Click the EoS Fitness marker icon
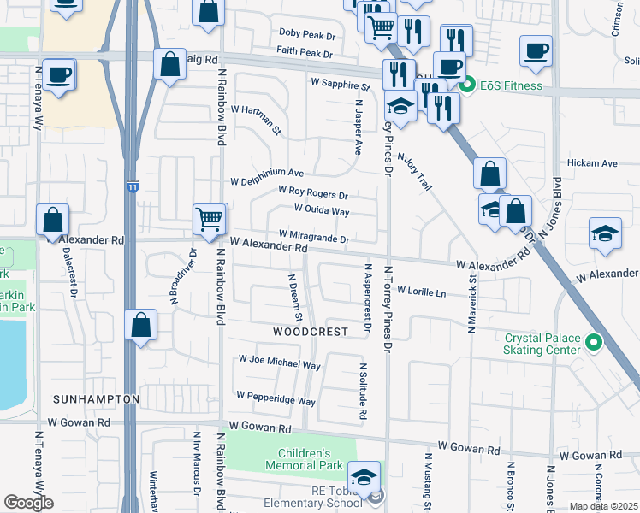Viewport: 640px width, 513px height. point(467,85)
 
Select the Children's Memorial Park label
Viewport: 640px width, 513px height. point(304,459)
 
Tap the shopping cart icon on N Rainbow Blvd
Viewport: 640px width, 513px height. point(210,218)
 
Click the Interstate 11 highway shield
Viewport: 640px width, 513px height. point(132,186)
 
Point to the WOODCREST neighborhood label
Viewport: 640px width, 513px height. point(311,331)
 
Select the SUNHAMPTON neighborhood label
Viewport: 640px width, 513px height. point(96,399)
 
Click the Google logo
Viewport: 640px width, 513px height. point(28,503)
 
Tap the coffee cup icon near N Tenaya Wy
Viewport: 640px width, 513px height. point(58,74)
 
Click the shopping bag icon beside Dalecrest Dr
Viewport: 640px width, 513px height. point(53,220)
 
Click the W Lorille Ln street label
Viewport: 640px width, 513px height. point(421,292)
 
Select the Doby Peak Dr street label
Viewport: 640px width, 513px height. point(305,33)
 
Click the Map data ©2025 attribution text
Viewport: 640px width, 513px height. point(603,506)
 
